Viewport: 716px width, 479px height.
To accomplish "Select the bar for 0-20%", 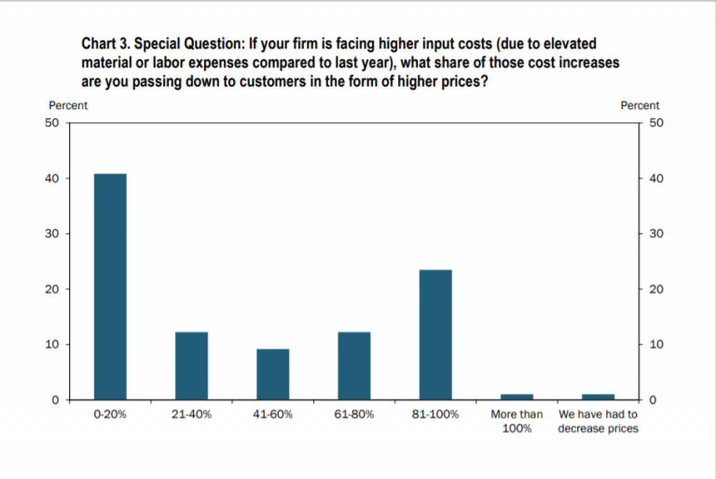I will point(110,287).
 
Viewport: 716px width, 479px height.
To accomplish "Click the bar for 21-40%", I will point(191,366).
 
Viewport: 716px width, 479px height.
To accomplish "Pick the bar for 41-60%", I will point(273,375).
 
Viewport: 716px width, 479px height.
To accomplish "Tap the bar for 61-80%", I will point(354,366).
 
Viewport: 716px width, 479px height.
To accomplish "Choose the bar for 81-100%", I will point(435,335).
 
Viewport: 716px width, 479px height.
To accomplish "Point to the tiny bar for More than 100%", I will point(516,397).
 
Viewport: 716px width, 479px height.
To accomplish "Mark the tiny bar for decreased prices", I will point(598,397).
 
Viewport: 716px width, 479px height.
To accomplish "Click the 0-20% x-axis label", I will point(110,415).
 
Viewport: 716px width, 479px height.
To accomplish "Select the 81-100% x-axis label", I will point(435,415).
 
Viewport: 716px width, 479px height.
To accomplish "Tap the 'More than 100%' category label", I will point(516,421).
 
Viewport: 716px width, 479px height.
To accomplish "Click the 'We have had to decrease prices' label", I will point(598,421).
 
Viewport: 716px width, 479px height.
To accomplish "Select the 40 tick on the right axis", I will point(656,178).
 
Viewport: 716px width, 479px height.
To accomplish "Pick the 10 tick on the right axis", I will point(656,345).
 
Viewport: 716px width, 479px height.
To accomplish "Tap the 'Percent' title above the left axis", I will point(68,106).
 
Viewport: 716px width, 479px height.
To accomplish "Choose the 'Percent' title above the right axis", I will point(640,106).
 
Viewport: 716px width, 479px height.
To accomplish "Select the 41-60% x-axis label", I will point(273,415).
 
